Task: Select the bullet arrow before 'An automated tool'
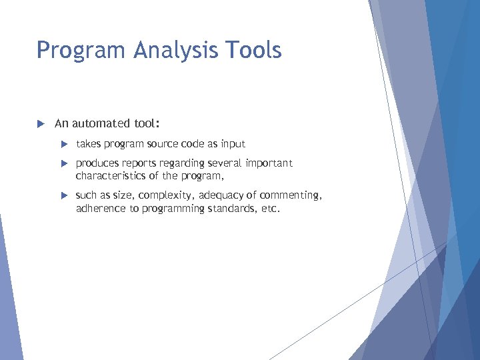(40, 123)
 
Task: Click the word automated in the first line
(103, 123)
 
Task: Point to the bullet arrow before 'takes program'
(64, 144)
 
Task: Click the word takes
(88, 144)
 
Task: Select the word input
(233, 144)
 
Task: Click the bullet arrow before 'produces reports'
(64, 163)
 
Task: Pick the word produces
(98, 163)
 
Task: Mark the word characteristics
(107, 176)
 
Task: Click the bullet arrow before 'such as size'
(64, 195)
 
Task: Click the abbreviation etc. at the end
(270, 209)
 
